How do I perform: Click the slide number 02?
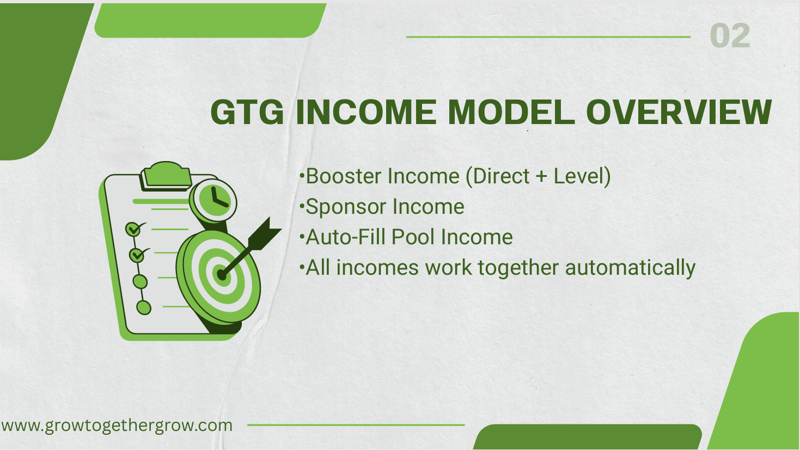coord(730,36)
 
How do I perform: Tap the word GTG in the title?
coord(247,112)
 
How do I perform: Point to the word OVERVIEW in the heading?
coord(679,112)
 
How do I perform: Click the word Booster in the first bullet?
coord(344,176)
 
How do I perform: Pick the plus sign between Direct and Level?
coord(541,177)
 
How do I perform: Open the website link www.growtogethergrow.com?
coord(117,425)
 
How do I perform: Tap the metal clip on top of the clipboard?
coord(166,174)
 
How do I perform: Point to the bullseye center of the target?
coord(222,275)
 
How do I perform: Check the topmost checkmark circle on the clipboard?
coord(133,229)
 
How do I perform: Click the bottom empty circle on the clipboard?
coord(143,307)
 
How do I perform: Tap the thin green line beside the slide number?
coord(548,37)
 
